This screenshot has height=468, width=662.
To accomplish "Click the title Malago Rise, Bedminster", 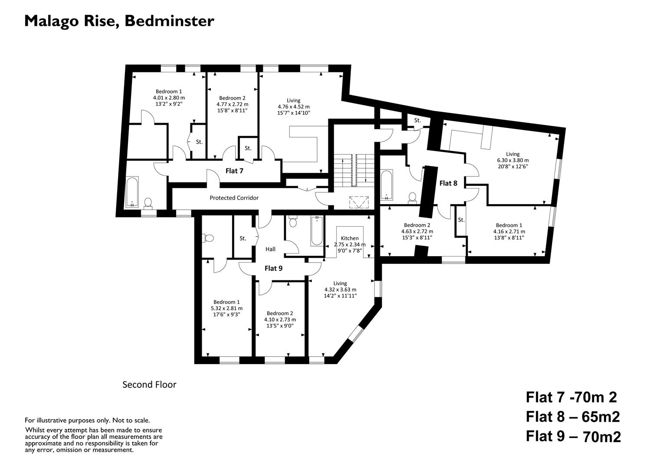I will point(119,21).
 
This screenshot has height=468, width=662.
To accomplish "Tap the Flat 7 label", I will point(234,171).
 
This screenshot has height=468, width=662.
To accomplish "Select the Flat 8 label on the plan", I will point(448,183).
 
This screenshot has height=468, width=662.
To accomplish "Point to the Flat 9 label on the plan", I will point(273,268).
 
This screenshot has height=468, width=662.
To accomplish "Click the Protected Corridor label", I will point(234,198).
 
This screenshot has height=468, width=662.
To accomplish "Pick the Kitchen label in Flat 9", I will point(350,238).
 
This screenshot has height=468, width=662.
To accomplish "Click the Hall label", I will point(270,249).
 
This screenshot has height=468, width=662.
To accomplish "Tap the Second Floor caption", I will point(149,384).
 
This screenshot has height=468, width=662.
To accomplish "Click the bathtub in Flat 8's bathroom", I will point(386,185).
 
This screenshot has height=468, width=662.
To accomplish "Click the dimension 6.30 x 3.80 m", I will point(513,160).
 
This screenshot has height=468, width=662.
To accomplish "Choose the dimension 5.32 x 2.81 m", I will point(226,309).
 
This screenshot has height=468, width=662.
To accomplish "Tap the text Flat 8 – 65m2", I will point(573,417).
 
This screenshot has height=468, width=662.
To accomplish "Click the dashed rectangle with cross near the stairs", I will point(359,202).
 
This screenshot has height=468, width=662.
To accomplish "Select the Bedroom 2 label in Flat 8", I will point(417,225).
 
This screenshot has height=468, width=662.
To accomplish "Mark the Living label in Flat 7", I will point(293,101).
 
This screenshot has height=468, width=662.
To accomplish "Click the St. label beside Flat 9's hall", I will point(243,238).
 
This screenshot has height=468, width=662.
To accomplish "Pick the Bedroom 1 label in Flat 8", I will point(509,225).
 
